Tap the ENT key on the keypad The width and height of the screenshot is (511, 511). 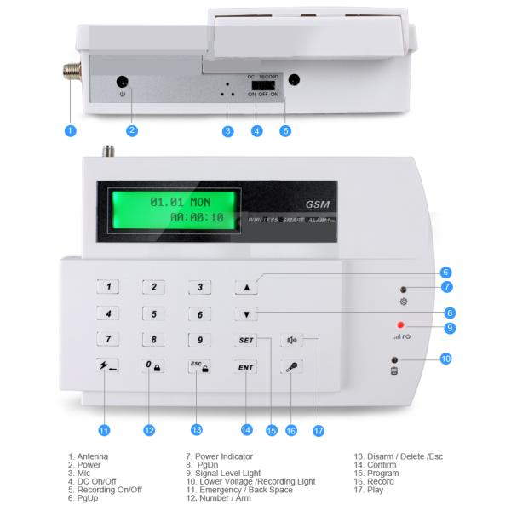pyautogui.click(x=246, y=367)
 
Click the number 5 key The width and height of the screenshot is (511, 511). pyautogui.click(x=154, y=313)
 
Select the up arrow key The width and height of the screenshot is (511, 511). pyautogui.click(x=246, y=287)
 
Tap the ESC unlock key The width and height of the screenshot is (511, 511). pyautogui.click(x=199, y=366)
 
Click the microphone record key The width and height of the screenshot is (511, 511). pyautogui.click(x=291, y=367)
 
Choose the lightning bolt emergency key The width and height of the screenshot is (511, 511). pyautogui.click(x=107, y=365)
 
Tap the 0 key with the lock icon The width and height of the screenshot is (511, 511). pyautogui.click(x=153, y=366)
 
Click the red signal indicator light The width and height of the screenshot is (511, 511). pyautogui.click(x=400, y=325)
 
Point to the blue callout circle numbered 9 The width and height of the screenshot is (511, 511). pyautogui.click(x=450, y=328)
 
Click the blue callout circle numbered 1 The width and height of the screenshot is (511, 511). pyautogui.click(x=71, y=131)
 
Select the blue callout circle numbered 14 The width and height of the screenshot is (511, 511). pyautogui.click(x=247, y=430)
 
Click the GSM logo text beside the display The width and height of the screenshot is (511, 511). pyautogui.click(x=318, y=204)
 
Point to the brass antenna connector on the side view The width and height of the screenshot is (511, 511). pyautogui.click(x=72, y=72)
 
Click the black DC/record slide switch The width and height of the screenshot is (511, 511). pyautogui.click(x=263, y=85)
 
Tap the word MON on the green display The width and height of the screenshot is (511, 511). pyautogui.click(x=200, y=203)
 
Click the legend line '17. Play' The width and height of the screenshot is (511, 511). pyautogui.click(x=369, y=490)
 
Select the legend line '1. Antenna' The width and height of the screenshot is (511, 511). pyautogui.click(x=88, y=456)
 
